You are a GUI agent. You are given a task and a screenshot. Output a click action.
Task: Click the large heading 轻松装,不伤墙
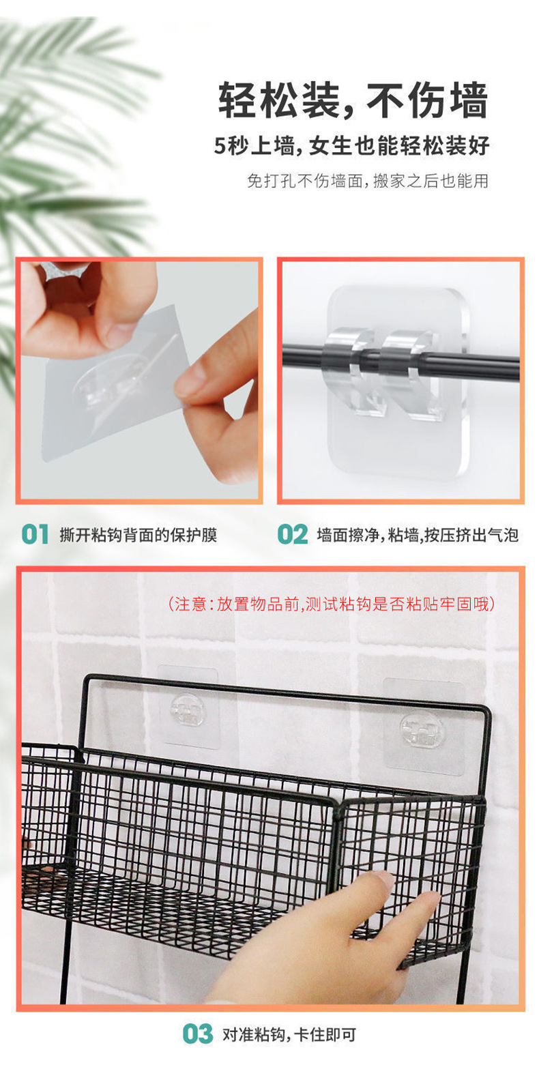[x=353, y=100]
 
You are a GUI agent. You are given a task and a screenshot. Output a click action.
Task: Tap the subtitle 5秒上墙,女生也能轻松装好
[x=352, y=145]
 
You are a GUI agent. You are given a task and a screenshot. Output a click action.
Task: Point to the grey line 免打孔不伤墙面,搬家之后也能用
[x=368, y=181]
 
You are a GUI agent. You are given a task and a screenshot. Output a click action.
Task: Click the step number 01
[x=35, y=534]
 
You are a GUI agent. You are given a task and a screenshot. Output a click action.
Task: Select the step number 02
[x=293, y=534]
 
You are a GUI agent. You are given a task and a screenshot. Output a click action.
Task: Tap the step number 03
[x=198, y=1034]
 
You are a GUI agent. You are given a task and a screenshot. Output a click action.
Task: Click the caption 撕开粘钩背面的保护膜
[x=139, y=535]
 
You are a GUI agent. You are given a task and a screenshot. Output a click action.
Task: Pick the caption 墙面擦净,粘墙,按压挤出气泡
[x=418, y=535]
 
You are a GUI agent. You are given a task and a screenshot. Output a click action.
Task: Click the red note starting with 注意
[x=332, y=604]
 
